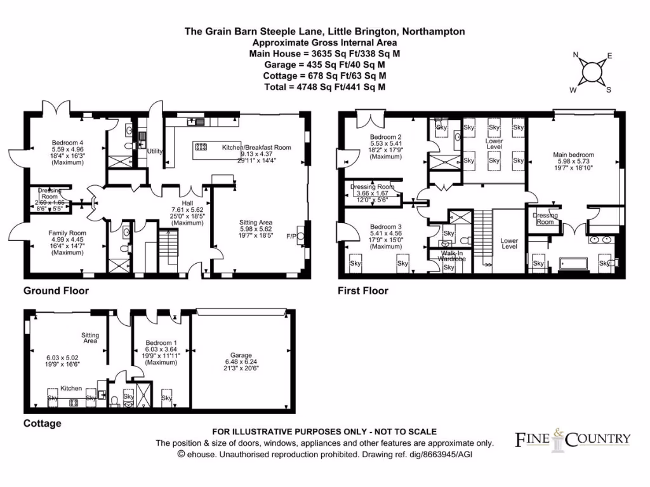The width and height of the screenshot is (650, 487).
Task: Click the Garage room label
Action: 241,355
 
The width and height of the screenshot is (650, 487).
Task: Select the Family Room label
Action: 67,233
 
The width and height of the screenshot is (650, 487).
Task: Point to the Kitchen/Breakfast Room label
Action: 256,147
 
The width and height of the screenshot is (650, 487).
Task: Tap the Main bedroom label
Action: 573,155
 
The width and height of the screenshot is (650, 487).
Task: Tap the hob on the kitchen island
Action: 201,147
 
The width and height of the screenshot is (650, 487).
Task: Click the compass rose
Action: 593,71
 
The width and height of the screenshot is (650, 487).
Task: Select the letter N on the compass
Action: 576,55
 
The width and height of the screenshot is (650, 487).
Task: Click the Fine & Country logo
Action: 571,438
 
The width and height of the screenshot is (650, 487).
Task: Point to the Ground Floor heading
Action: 56,291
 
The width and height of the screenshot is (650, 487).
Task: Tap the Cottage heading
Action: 43,423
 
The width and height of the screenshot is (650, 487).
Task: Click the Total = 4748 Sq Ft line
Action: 324,88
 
